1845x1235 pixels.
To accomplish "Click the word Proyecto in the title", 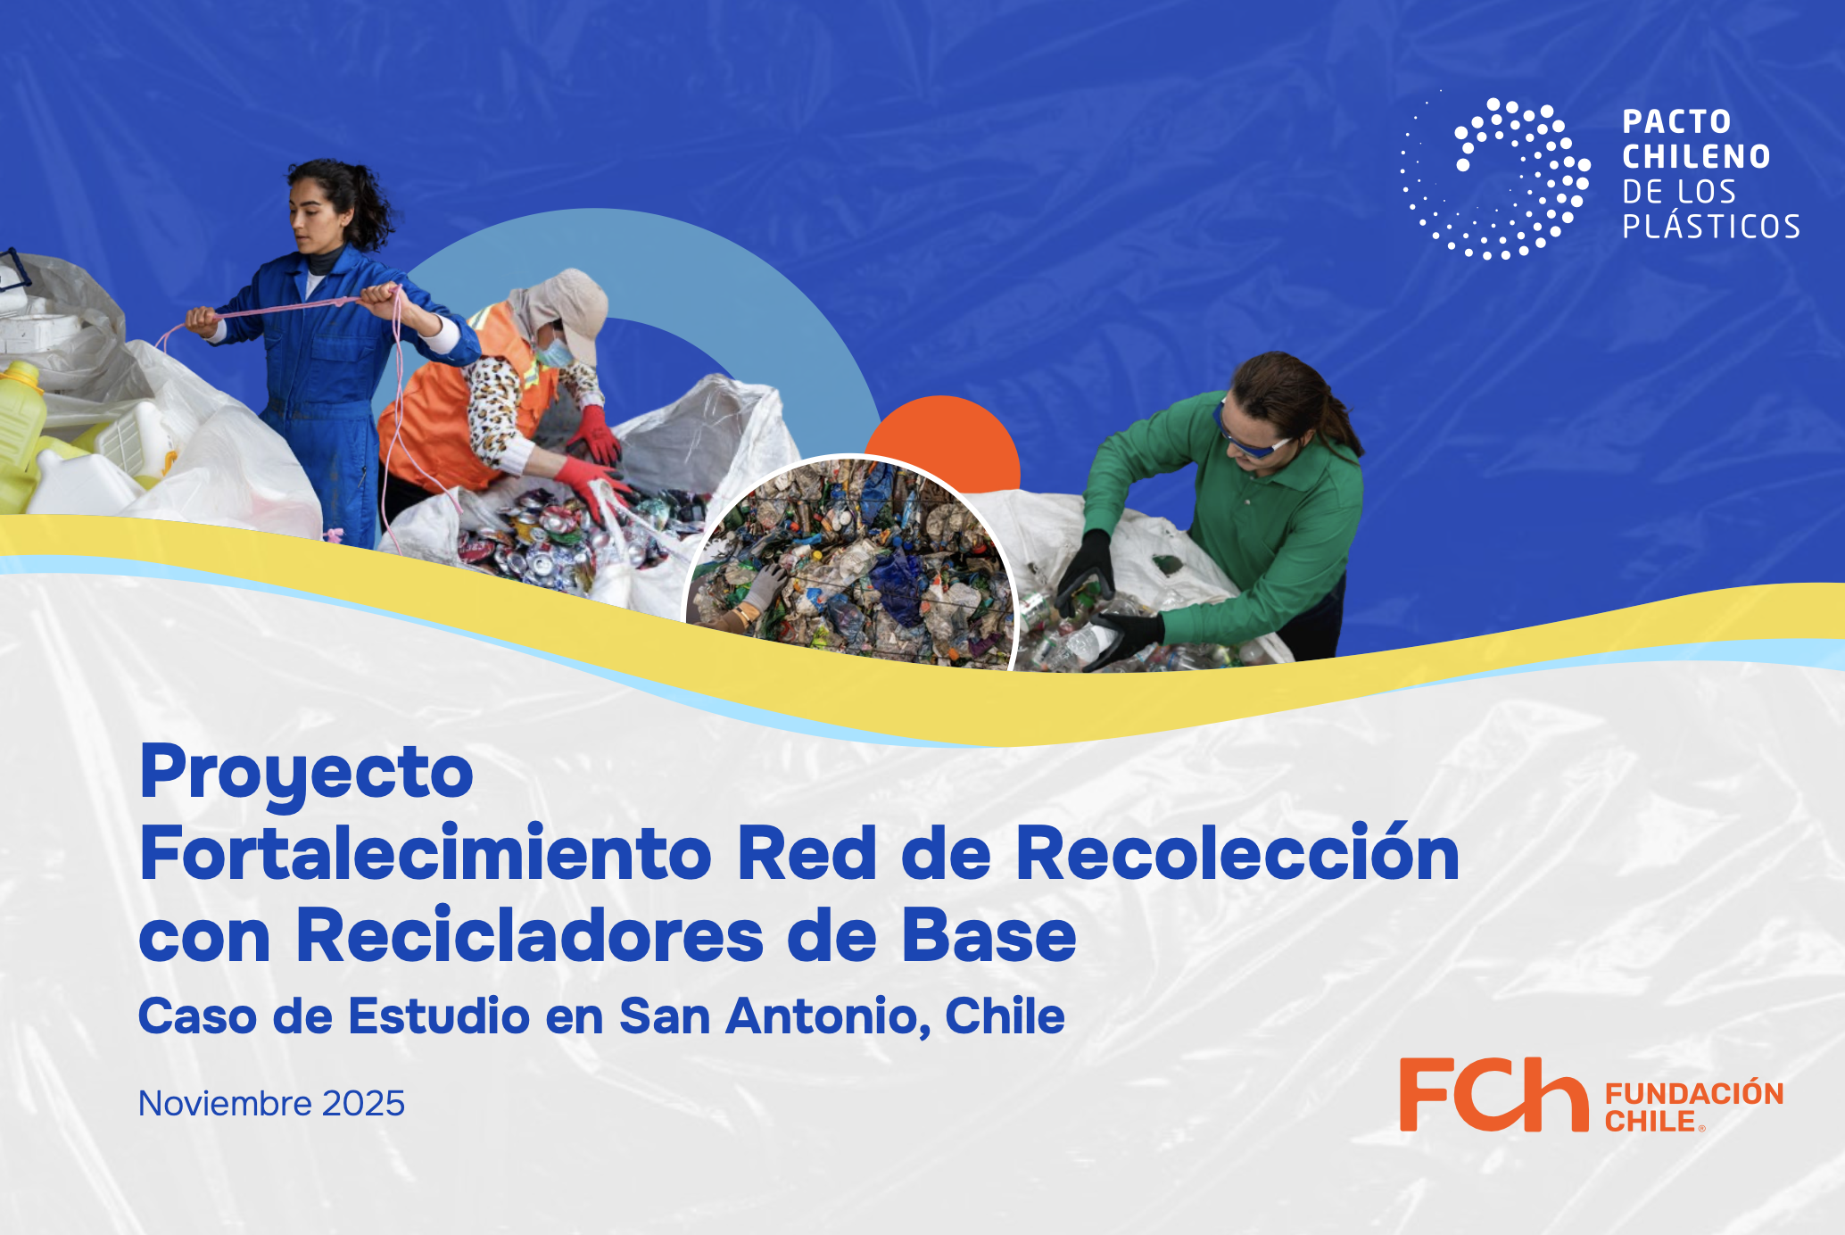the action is click(x=307, y=773).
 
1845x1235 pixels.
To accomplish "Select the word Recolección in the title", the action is click(x=1237, y=852).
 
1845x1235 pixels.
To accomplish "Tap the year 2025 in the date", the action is click(x=363, y=1104).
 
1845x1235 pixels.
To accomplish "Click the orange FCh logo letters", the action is click(x=1493, y=1094).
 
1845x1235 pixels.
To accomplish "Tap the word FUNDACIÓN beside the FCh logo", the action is click(x=1694, y=1093).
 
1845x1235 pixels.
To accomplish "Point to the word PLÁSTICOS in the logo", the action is click(x=1711, y=227).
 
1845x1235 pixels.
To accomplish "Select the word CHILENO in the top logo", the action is click(x=1696, y=157).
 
